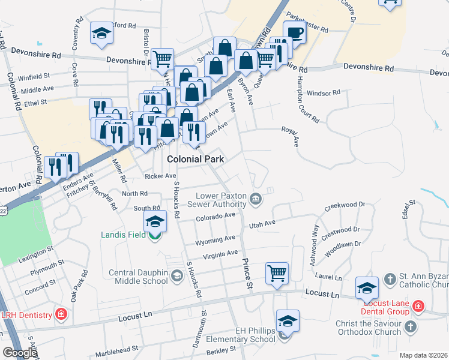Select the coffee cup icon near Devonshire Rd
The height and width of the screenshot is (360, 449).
pyautogui.click(x=294, y=32)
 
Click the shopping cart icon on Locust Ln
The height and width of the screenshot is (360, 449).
pyautogui.click(x=277, y=273)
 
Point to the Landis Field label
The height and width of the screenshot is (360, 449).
pyautogui.click(x=124, y=235)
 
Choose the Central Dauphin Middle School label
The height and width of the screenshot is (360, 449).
pyautogui.click(x=138, y=277)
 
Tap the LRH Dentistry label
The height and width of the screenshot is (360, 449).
pyautogui.click(x=25, y=314)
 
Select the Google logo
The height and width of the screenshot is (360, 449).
pyautogui.click(x=19, y=353)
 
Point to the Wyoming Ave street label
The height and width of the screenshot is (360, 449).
pyautogui.click(x=215, y=241)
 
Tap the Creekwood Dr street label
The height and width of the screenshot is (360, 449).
pyautogui.click(x=345, y=206)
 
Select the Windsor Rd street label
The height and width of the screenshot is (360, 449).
pyautogui.click(x=323, y=93)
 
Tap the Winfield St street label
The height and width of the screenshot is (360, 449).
pyautogui.click(x=34, y=77)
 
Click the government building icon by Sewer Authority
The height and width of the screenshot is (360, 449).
pyautogui.click(x=256, y=199)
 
